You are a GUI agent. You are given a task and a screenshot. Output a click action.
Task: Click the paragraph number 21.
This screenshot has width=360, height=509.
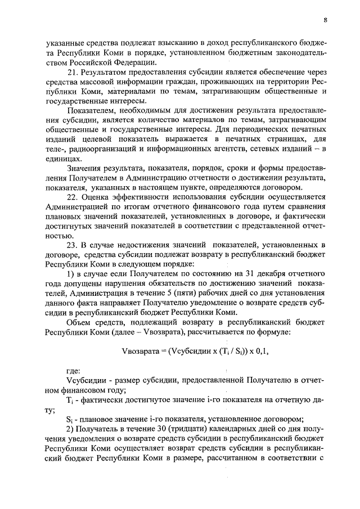(x=71, y=73)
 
